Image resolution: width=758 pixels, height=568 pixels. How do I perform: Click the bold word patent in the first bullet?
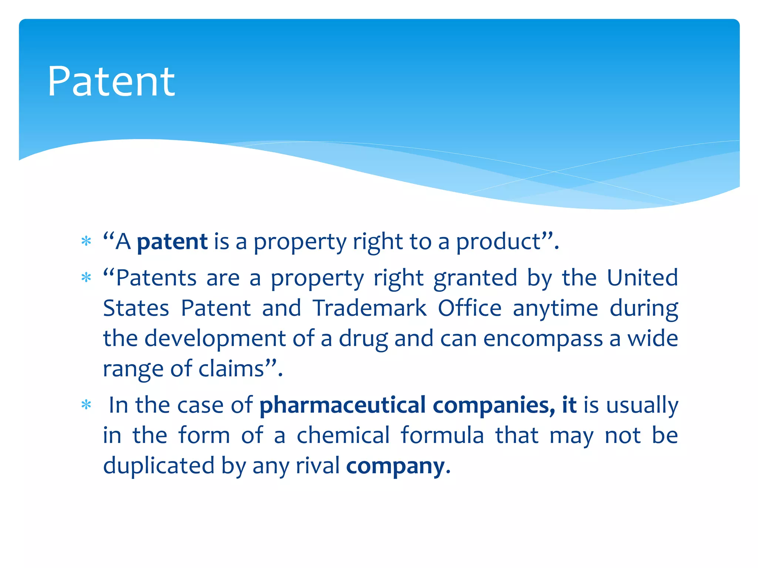(x=172, y=242)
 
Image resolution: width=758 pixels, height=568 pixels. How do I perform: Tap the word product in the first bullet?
(x=498, y=242)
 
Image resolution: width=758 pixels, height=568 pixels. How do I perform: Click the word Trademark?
(x=369, y=308)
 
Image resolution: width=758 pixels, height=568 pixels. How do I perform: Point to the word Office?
(x=469, y=308)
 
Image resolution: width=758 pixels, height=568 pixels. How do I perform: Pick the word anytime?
(x=555, y=308)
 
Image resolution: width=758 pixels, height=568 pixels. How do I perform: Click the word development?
(x=215, y=338)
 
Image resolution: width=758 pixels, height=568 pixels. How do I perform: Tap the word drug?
(x=363, y=339)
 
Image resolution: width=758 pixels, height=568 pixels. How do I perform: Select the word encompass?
(x=543, y=339)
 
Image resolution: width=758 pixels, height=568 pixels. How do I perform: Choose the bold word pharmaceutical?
(x=342, y=405)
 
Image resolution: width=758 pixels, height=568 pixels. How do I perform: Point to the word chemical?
(x=343, y=435)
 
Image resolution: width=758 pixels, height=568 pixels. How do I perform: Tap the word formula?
(x=442, y=435)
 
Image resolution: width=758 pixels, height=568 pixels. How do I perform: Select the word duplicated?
(x=159, y=466)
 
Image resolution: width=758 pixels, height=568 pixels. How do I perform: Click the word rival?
(x=317, y=466)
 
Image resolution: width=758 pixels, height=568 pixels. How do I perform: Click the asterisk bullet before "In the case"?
(x=86, y=405)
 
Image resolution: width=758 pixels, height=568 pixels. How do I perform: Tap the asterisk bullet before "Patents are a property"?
(x=86, y=277)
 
